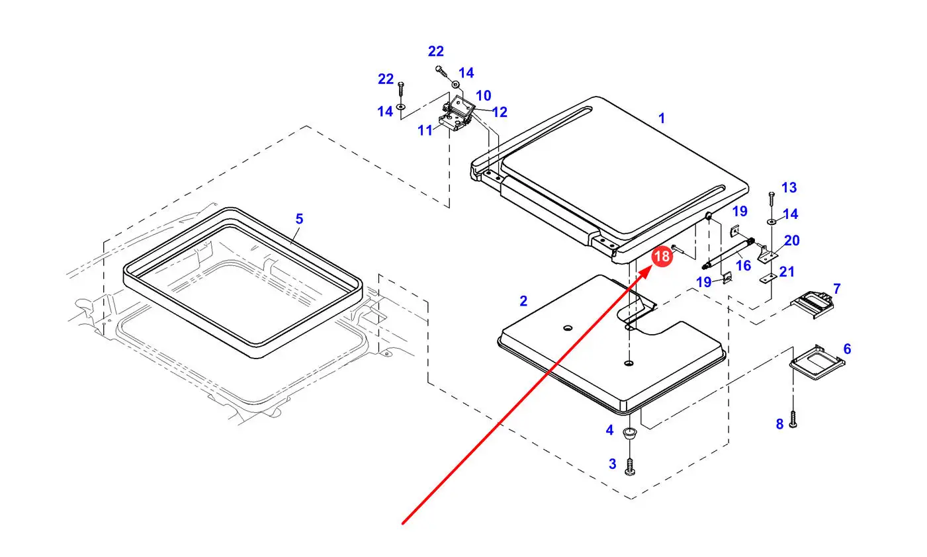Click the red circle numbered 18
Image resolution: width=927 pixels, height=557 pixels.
click(661, 256)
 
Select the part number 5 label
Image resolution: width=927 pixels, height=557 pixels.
click(299, 219)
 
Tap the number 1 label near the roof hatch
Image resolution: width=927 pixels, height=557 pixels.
click(661, 118)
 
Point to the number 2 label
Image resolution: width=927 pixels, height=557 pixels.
click(523, 301)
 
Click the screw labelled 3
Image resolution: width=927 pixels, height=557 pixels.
click(630, 466)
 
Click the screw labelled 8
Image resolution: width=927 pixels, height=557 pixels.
click(793, 419)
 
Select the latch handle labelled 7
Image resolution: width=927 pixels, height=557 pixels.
click(812, 304)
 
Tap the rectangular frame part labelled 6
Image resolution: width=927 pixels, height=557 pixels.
click(817, 362)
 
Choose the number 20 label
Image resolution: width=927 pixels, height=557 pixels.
click(791, 240)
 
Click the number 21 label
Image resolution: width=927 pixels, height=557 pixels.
click(787, 272)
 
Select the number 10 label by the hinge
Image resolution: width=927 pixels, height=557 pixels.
click(484, 96)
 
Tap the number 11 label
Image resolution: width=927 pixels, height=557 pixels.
click(425, 130)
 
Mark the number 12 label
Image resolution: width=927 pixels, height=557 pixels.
click(500, 112)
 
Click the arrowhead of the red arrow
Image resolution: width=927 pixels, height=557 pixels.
click(651, 267)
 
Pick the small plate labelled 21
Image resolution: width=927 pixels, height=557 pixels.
click(768, 278)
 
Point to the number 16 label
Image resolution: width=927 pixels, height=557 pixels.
click(743, 265)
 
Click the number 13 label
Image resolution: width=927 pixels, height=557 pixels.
click(789, 187)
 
